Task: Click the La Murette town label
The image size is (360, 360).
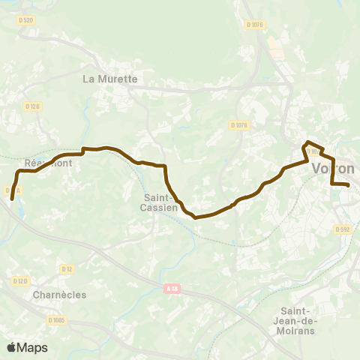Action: pyautogui.click(x=110, y=78)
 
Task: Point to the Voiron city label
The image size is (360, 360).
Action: pyautogui.click(x=332, y=169)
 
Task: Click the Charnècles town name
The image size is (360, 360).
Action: pyautogui.click(x=59, y=295)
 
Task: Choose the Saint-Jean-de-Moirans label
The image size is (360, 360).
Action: pyautogui.click(x=298, y=321)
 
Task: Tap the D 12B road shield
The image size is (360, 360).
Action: pyautogui.click(x=31, y=106)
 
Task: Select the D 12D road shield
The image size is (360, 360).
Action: pyautogui.click(x=19, y=281)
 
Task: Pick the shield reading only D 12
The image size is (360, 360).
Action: pyautogui.click(x=67, y=268)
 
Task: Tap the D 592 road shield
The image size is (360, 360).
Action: pyautogui.click(x=342, y=229)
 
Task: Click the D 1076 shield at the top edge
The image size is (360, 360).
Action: pyautogui.click(x=255, y=24)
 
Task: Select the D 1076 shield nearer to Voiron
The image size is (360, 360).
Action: pyautogui.click(x=239, y=125)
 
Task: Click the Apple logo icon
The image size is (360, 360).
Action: pyautogui.click(x=11, y=347)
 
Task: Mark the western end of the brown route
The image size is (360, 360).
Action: pyautogui.click(x=12, y=199)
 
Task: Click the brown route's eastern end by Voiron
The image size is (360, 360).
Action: pyautogui.click(x=349, y=184)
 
